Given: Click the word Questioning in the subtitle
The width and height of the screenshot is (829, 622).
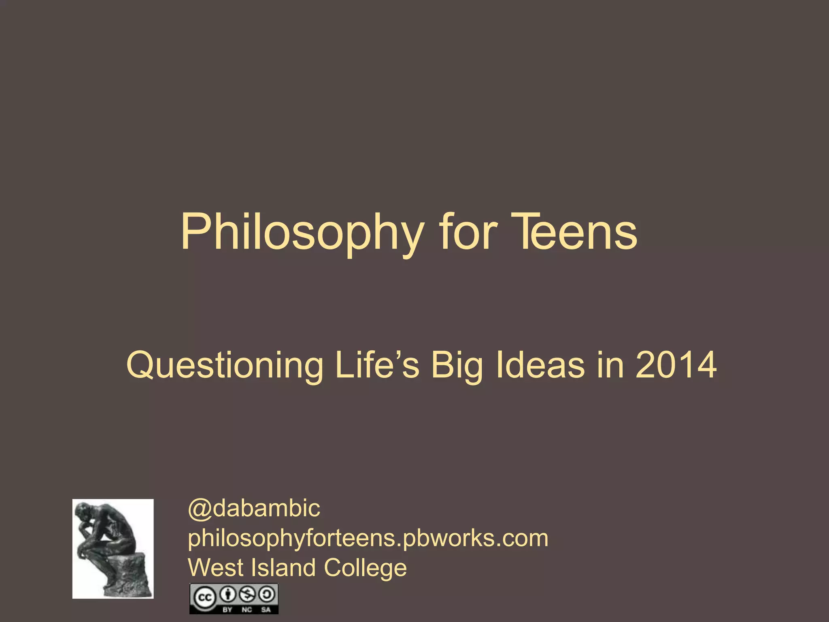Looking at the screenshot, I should coord(225,366).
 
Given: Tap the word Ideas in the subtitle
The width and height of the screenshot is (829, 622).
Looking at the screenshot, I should coord(540,365).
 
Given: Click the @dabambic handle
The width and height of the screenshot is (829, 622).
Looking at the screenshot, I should coord(254,509).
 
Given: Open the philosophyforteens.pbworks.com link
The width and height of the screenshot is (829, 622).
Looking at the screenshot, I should coord(368,539).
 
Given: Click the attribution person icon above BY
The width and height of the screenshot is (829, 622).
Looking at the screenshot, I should coord(228,594).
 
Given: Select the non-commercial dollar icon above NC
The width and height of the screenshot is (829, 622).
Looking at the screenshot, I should coord(247,594).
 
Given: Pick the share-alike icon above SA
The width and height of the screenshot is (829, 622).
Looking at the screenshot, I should coord(266,594).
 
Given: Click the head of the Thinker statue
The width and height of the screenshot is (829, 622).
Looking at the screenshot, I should coord(84,513).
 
